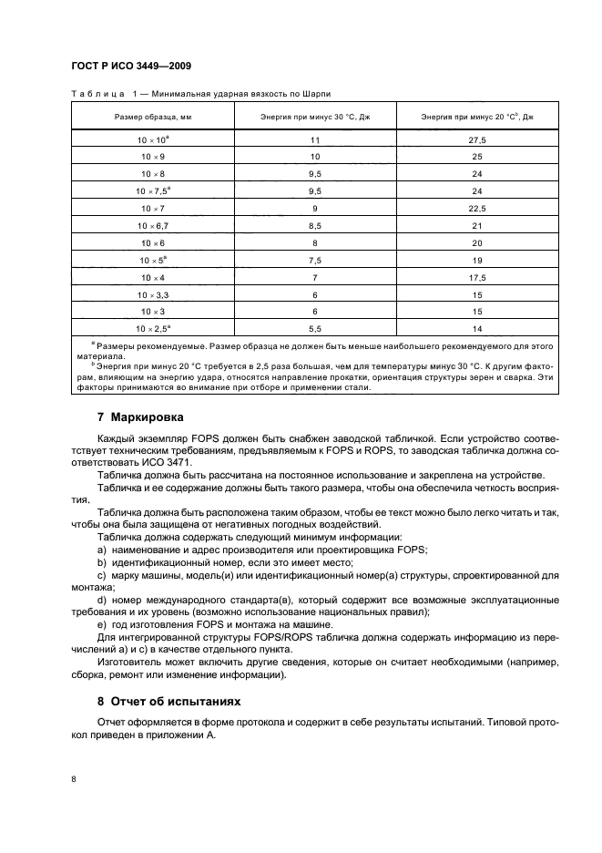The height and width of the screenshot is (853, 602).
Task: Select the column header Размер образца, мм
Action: [x=153, y=117]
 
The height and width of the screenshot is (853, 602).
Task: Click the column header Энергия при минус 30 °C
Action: [x=316, y=117]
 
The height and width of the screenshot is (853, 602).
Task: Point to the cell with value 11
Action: [x=316, y=140]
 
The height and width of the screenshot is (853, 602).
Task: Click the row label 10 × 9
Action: [x=153, y=157]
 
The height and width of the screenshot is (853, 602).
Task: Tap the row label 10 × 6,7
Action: [x=153, y=225]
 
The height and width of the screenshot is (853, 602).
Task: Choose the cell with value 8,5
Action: [x=316, y=225]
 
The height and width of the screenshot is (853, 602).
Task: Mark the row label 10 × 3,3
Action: [x=153, y=294]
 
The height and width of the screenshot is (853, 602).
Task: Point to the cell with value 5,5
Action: [x=316, y=328]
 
